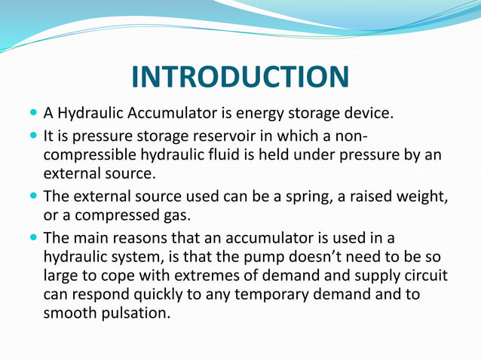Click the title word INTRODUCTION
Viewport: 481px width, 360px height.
[x=240, y=78]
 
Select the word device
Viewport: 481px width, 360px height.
[x=367, y=114]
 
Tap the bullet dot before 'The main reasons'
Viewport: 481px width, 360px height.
[x=32, y=237]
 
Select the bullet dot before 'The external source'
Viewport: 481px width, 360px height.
[x=32, y=196]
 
